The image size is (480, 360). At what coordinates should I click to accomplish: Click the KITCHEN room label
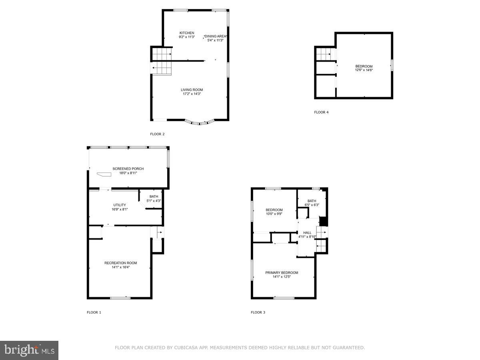pos(187,33)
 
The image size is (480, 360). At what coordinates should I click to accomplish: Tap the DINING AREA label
pos(216,36)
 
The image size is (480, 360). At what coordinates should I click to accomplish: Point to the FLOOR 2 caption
pos(157,134)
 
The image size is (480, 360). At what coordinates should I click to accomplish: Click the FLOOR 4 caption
pos(321,112)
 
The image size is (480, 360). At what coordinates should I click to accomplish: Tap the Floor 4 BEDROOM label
pos(364,66)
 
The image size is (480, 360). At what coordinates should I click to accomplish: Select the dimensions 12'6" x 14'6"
pos(364,70)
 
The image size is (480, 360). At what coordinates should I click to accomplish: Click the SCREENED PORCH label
pos(128,169)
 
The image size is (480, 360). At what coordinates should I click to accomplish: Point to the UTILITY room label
pos(120,205)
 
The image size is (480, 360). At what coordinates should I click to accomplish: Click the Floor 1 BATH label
pos(154,196)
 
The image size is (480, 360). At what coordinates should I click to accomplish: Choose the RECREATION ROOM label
pos(120,263)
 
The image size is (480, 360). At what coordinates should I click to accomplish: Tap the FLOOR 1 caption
pos(94,312)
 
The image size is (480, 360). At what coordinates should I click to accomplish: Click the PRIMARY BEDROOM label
pos(282,273)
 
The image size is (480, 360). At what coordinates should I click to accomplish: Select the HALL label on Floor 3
pos(307,232)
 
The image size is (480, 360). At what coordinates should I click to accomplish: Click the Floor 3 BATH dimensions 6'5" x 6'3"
pos(312,205)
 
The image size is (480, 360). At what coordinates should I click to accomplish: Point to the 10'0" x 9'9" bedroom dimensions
pos(274,214)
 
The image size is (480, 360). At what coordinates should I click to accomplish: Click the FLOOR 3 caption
pos(258,312)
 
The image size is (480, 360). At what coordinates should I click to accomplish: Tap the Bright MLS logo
pos(29,350)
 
